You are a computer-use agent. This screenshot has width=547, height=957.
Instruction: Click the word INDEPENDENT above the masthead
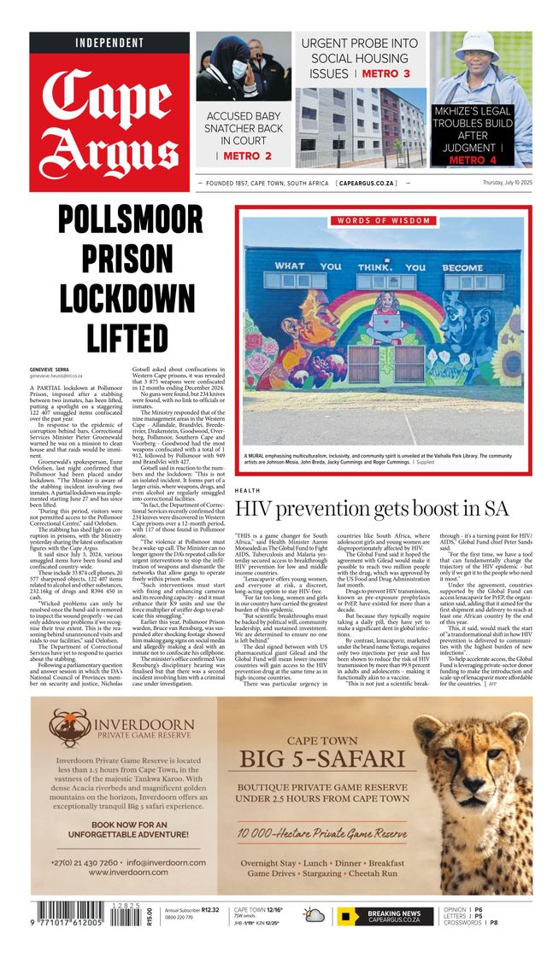[x=109, y=43]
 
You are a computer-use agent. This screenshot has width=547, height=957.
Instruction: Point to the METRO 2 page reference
[x=248, y=156]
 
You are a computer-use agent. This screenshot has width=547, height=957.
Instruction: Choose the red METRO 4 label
[x=473, y=160]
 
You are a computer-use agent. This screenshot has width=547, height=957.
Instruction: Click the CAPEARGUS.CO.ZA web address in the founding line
[x=366, y=184]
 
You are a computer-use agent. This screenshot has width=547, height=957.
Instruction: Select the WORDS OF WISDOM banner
[x=383, y=221]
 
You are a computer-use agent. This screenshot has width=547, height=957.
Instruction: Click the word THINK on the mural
[x=377, y=267]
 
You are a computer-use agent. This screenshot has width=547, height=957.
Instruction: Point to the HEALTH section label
[x=248, y=491]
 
